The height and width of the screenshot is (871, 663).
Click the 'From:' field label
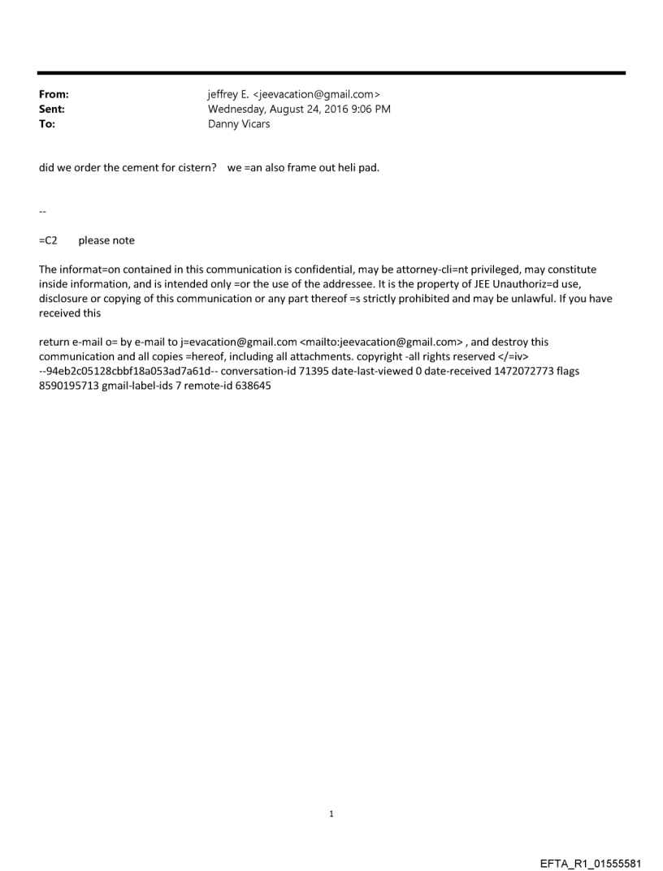click(x=54, y=95)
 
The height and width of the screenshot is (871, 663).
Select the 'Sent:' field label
click(x=52, y=109)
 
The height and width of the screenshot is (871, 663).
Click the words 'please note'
click(x=106, y=240)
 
